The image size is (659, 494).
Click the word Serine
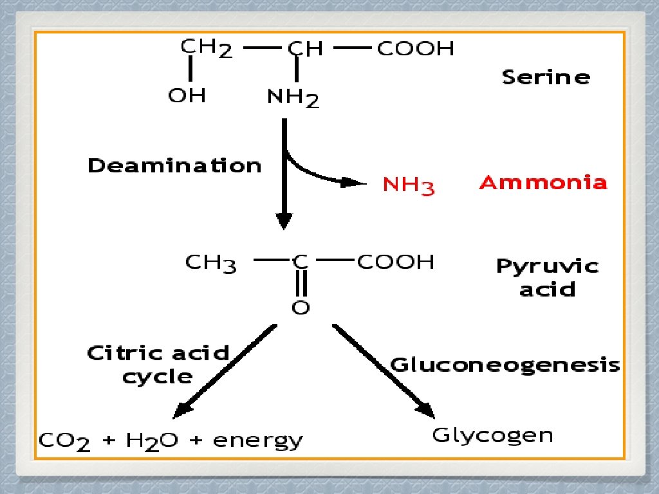click(546, 78)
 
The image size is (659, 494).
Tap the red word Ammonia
click(543, 183)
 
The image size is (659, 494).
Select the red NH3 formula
click(409, 186)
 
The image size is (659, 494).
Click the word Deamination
click(174, 166)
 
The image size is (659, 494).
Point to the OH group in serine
click(187, 96)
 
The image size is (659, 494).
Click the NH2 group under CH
click(293, 98)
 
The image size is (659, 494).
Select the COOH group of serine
click(415, 49)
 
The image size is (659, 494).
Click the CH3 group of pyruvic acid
click(211, 263)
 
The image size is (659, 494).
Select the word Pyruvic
click(547, 267)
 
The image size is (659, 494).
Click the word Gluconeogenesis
click(505, 365)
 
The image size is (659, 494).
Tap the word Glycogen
click(492, 435)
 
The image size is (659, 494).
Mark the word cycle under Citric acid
click(157, 376)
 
